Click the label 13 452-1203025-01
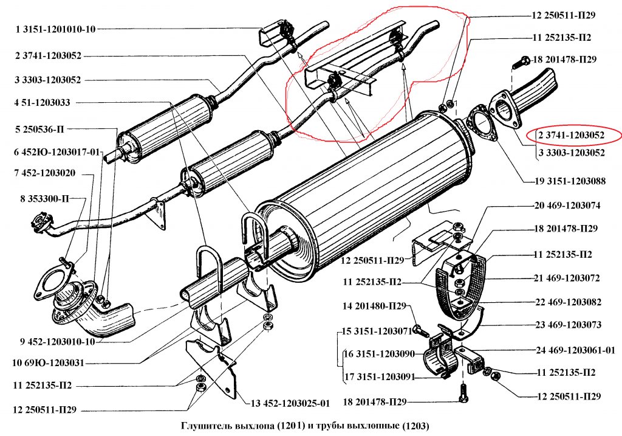[289, 403]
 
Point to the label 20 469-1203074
[567, 206]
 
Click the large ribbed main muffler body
[364, 182]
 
